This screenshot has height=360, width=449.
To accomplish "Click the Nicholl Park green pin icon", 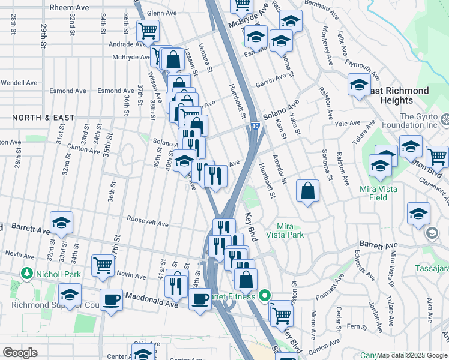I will [26, 274].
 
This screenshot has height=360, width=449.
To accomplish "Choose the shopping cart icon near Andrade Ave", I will [147, 31].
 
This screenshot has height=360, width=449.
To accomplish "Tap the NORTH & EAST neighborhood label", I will [38, 118].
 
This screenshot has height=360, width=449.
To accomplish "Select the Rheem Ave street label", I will [69, 7].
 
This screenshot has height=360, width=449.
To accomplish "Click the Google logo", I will [20, 353].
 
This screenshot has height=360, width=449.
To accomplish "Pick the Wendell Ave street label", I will [19, 82].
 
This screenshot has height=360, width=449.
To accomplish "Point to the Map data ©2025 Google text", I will [412, 355].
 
